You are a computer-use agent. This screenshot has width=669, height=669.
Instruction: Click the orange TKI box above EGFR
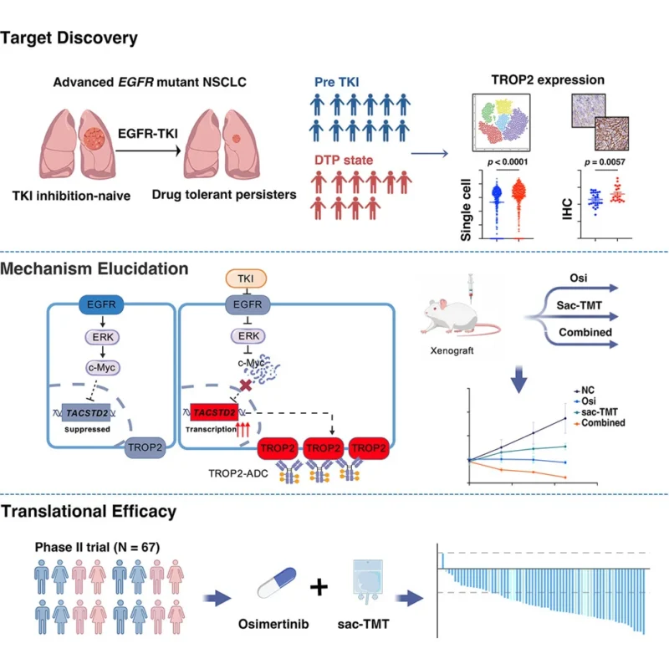(246, 278)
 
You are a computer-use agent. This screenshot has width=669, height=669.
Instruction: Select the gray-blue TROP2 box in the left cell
(145, 447)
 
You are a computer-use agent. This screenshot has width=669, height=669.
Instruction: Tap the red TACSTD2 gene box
(214, 412)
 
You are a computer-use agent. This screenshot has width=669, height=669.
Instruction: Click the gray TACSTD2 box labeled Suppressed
(86, 412)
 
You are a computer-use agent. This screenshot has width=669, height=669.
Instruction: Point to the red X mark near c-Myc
(246, 386)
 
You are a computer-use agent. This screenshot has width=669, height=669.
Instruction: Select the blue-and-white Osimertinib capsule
(277, 582)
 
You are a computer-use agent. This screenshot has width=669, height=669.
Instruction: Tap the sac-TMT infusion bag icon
(367, 581)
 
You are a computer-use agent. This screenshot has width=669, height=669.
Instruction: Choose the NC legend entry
(584, 391)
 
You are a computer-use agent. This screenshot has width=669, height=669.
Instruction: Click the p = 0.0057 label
(605, 162)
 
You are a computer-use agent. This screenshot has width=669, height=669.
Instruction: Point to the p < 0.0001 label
(508, 162)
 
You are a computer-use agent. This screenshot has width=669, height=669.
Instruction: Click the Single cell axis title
(466, 210)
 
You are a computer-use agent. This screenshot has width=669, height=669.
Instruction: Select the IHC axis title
(567, 209)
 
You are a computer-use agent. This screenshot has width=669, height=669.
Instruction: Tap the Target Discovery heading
(69, 38)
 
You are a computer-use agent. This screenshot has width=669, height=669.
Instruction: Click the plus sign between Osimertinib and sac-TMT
(319, 587)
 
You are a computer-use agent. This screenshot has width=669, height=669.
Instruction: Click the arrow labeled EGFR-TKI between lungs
(149, 151)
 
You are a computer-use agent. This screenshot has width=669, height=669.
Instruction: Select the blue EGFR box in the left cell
(101, 304)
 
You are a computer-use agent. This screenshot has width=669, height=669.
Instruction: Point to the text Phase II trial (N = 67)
(97, 547)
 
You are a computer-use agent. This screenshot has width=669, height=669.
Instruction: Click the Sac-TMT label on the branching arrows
(579, 305)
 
